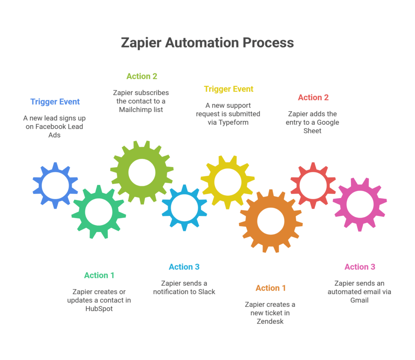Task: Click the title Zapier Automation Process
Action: pos(207,43)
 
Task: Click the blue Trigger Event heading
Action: pos(55,102)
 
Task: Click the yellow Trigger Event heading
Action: pos(229,89)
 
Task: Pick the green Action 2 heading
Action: pos(142,76)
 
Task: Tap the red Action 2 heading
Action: pos(313,97)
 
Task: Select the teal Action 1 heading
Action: pos(99,275)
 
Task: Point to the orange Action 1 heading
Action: pos(271,288)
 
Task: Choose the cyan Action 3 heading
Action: pos(184,267)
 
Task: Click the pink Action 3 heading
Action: pos(360,267)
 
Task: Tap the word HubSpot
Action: pos(99,309)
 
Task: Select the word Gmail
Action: pos(359,300)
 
